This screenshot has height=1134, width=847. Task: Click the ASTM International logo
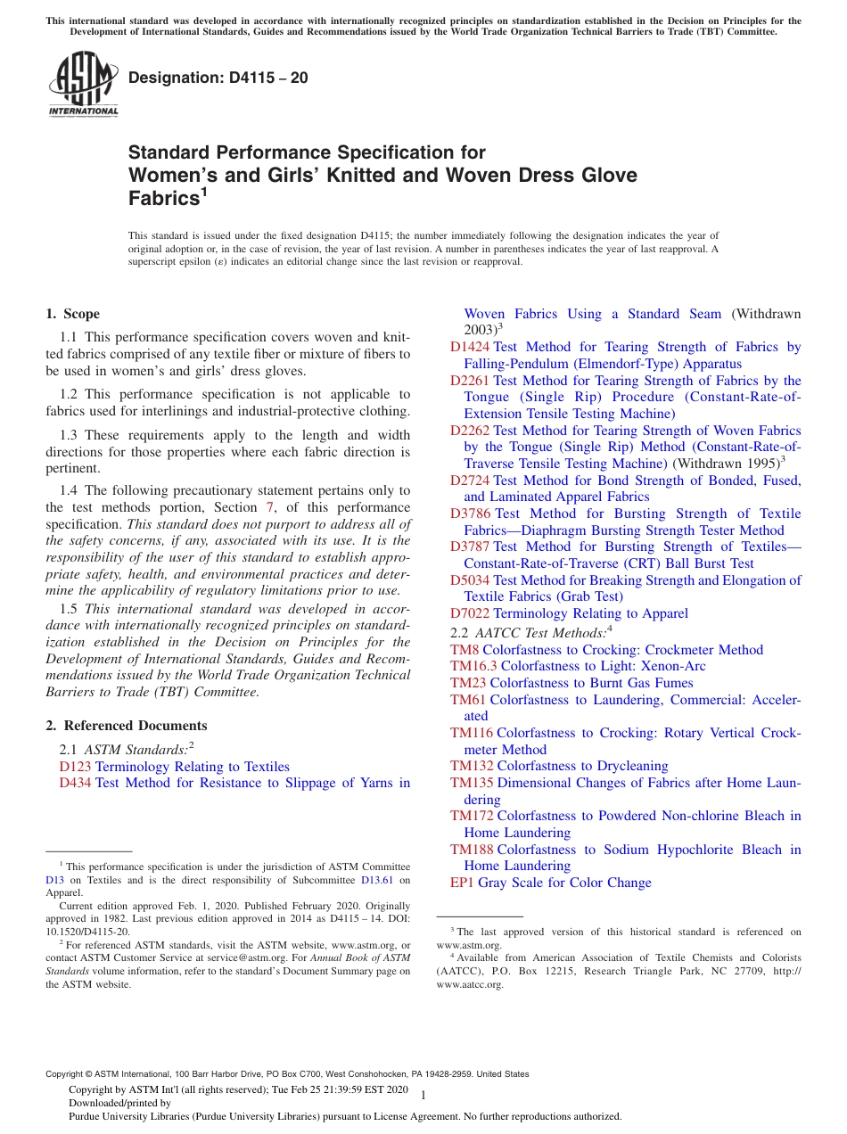83,85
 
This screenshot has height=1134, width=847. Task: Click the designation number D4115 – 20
218,78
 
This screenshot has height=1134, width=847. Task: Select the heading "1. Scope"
73,314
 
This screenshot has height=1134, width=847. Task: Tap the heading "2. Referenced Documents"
127,726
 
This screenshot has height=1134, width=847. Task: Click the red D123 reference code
75,767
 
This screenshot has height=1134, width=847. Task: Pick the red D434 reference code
75,783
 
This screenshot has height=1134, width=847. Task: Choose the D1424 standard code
470,347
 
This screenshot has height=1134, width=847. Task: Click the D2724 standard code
470,481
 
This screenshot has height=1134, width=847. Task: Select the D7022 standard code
470,613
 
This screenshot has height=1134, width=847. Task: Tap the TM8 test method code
465,650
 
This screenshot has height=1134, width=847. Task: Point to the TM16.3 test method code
473,666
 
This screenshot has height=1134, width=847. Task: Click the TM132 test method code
472,766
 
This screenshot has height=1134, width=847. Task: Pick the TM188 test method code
472,850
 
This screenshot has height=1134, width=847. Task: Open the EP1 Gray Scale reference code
462,883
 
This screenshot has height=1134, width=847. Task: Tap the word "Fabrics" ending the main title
161,198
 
